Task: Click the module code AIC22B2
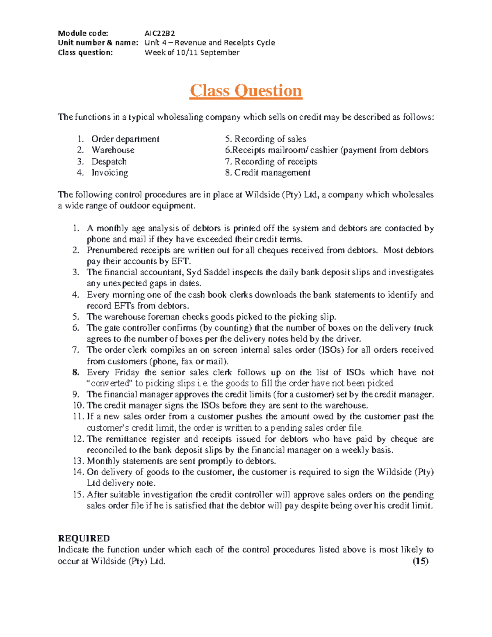(x=160, y=33)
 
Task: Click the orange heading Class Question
(x=246, y=91)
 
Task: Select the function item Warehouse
(x=113, y=150)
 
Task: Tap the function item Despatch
(x=109, y=162)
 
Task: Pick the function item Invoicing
(x=110, y=173)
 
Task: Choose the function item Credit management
(x=272, y=173)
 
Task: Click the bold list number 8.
(x=75, y=372)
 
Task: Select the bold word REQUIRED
(x=84, y=538)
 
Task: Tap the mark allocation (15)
(x=420, y=561)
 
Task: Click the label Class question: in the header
(x=85, y=53)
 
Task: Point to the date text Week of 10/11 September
(x=192, y=53)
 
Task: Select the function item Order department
(x=125, y=139)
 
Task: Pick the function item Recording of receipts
(x=276, y=162)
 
